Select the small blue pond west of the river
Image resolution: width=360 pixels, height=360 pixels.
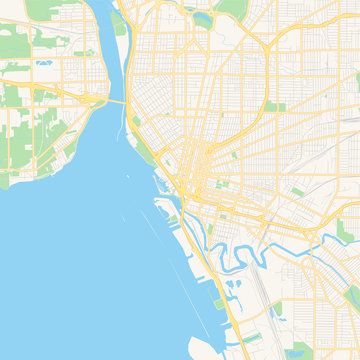coord(44,63)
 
